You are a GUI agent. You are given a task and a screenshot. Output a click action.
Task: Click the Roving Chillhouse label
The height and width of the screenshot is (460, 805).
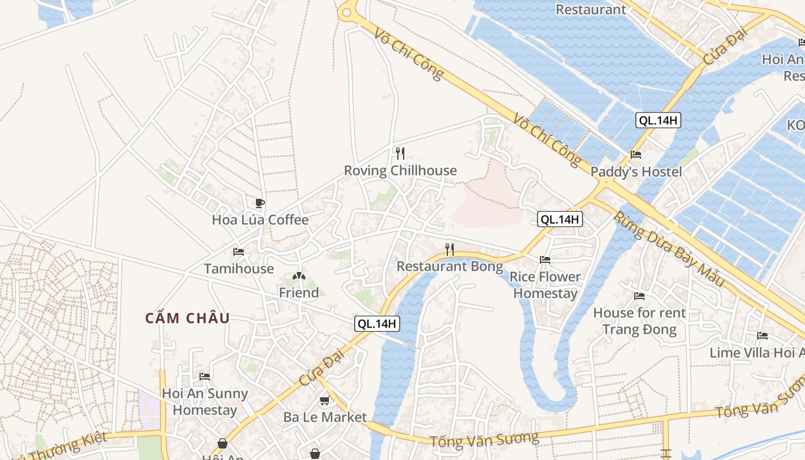point(400,171)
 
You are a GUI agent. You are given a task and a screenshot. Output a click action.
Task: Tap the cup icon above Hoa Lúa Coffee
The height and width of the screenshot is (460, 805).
point(260,203)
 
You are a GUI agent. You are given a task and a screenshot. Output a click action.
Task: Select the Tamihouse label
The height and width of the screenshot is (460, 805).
point(239,269)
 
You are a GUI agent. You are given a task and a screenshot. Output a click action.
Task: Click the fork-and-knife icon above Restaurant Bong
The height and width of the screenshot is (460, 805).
point(450,250)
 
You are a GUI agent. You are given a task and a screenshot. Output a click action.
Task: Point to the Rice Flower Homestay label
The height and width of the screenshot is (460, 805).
point(545,285)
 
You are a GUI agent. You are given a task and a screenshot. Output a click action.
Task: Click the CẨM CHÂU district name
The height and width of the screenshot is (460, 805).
point(187,319)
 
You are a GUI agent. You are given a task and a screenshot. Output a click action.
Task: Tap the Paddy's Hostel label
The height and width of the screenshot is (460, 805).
point(636,172)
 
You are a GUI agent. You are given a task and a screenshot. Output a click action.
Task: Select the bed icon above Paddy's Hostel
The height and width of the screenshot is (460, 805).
point(636,155)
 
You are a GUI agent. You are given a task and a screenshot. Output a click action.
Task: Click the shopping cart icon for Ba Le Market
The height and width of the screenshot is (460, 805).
point(324,401)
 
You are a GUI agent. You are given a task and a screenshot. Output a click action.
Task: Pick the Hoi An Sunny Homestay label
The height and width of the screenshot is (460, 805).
point(205,402)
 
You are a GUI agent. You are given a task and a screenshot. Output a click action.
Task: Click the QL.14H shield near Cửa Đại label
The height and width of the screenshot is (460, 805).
point(377,324)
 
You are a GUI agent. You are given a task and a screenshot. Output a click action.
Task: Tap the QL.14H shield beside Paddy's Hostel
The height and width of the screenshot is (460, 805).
point(658,120)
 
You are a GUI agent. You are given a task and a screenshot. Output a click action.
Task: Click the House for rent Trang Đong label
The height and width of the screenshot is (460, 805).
point(639,321)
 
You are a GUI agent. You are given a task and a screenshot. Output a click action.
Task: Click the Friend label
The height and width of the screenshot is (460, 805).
point(298,293)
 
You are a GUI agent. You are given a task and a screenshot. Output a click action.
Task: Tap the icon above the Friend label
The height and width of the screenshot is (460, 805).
point(298,277)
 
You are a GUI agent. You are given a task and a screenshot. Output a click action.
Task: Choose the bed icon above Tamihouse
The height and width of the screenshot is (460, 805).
point(239,252)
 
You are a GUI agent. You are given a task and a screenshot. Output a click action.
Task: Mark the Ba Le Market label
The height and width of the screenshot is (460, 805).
point(324,417)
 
